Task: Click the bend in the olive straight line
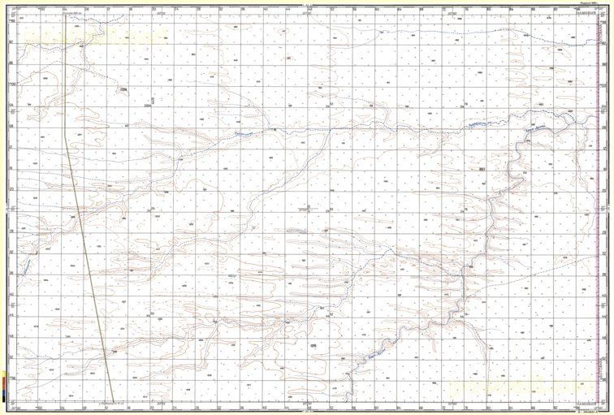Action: point(66,130)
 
